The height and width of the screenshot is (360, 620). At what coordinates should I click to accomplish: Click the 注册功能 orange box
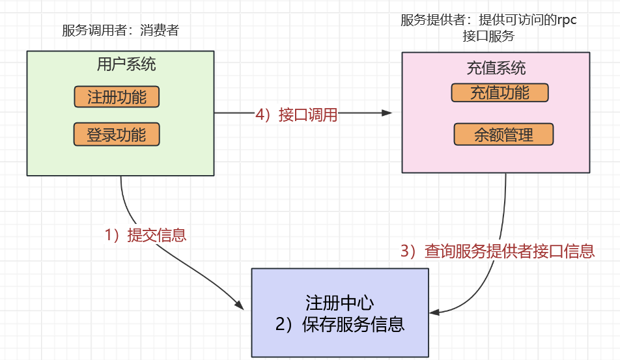click(117, 98)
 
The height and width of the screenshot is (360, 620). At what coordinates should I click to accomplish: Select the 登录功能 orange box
click(117, 135)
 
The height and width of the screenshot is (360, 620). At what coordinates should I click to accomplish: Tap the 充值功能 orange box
click(500, 92)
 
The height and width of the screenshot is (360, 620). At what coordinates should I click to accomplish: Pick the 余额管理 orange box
click(503, 135)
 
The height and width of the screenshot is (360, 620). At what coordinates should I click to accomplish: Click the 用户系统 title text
click(126, 64)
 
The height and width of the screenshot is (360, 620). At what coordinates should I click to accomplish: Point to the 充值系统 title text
click(496, 68)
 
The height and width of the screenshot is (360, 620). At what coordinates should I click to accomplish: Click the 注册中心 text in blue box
click(339, 303)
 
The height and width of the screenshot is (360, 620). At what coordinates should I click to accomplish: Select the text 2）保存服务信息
click(339, 324)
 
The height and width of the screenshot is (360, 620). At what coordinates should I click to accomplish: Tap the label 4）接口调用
click(296, 115)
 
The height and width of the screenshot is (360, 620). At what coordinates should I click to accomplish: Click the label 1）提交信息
click(146, 235)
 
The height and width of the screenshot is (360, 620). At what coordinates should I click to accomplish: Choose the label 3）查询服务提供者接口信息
click(497, 251)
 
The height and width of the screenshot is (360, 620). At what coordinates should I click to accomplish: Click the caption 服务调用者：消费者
click(120, 31)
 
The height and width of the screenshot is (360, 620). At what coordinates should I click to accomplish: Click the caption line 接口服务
click(488, 36)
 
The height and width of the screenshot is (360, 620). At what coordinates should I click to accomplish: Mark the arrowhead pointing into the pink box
click(388, 113)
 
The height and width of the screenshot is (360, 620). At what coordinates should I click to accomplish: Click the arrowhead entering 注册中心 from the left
click(240, 305)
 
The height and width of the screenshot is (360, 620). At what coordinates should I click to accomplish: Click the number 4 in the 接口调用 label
click(260, 115)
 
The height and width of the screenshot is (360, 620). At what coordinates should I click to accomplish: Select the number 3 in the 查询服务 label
click(404, 251)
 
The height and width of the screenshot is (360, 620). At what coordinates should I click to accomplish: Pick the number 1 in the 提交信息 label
click(109, 235)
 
